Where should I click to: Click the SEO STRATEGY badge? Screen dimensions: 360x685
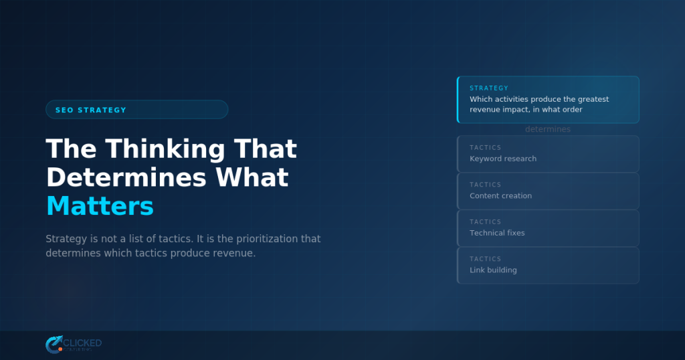tap(136, 110)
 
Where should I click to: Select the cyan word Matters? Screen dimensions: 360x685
tap(100, 206)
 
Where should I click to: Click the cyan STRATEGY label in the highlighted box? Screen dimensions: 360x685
tap(489, 88)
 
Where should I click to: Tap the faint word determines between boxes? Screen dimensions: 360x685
tap(548, 129)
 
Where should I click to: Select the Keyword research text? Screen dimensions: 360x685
tap(503, 159)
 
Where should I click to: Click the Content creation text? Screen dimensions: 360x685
tap(500, 196)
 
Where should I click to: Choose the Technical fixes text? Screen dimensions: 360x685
tap(497, 233)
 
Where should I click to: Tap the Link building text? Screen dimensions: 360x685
tap(493, 270)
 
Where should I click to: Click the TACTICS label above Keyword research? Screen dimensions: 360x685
tap(485, 147)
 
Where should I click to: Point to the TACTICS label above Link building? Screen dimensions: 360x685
tap(485, 259)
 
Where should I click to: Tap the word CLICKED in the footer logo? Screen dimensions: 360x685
tap(82, 343)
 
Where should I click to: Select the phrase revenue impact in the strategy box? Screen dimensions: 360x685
tap(496, 110)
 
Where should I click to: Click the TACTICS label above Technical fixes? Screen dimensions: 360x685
tap(485, 221)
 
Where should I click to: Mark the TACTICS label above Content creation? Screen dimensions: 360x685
tap(485, 185)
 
